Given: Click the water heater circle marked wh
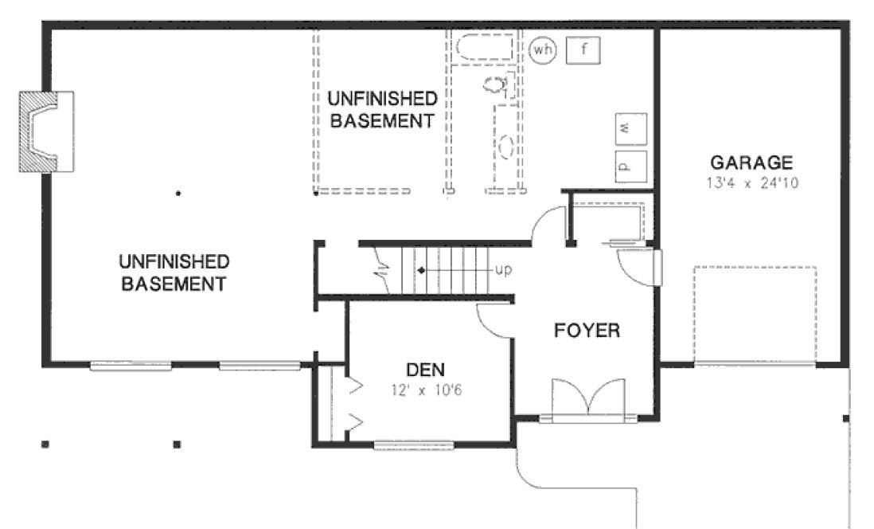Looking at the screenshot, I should [x=543, y=50].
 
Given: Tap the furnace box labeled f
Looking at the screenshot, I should [x=583, y=50].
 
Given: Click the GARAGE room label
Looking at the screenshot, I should [x=751, y=163].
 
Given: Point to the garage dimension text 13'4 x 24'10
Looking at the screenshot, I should [x=751, y=182].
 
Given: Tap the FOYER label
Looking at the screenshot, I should [x=586, y=330].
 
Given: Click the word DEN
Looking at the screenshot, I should [x=425, y=370].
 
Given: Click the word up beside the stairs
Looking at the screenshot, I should [x=503, y=269].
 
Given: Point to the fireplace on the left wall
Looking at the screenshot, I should [x=46, y=131].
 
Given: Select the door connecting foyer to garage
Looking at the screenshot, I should [x=637, y=267].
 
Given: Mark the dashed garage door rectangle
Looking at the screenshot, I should [x=755, y=314].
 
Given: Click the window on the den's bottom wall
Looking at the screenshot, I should [x=413, y=445].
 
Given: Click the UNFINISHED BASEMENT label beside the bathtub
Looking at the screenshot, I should [x=382, y=110].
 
